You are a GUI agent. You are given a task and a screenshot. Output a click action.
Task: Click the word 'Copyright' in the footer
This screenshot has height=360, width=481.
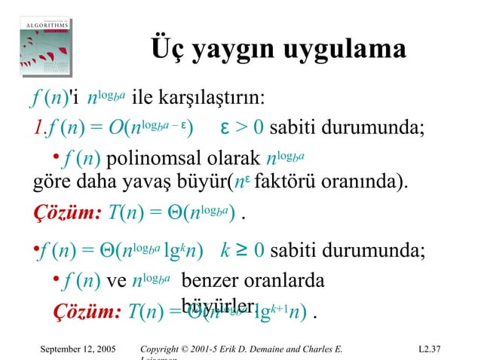coord(164,349)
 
